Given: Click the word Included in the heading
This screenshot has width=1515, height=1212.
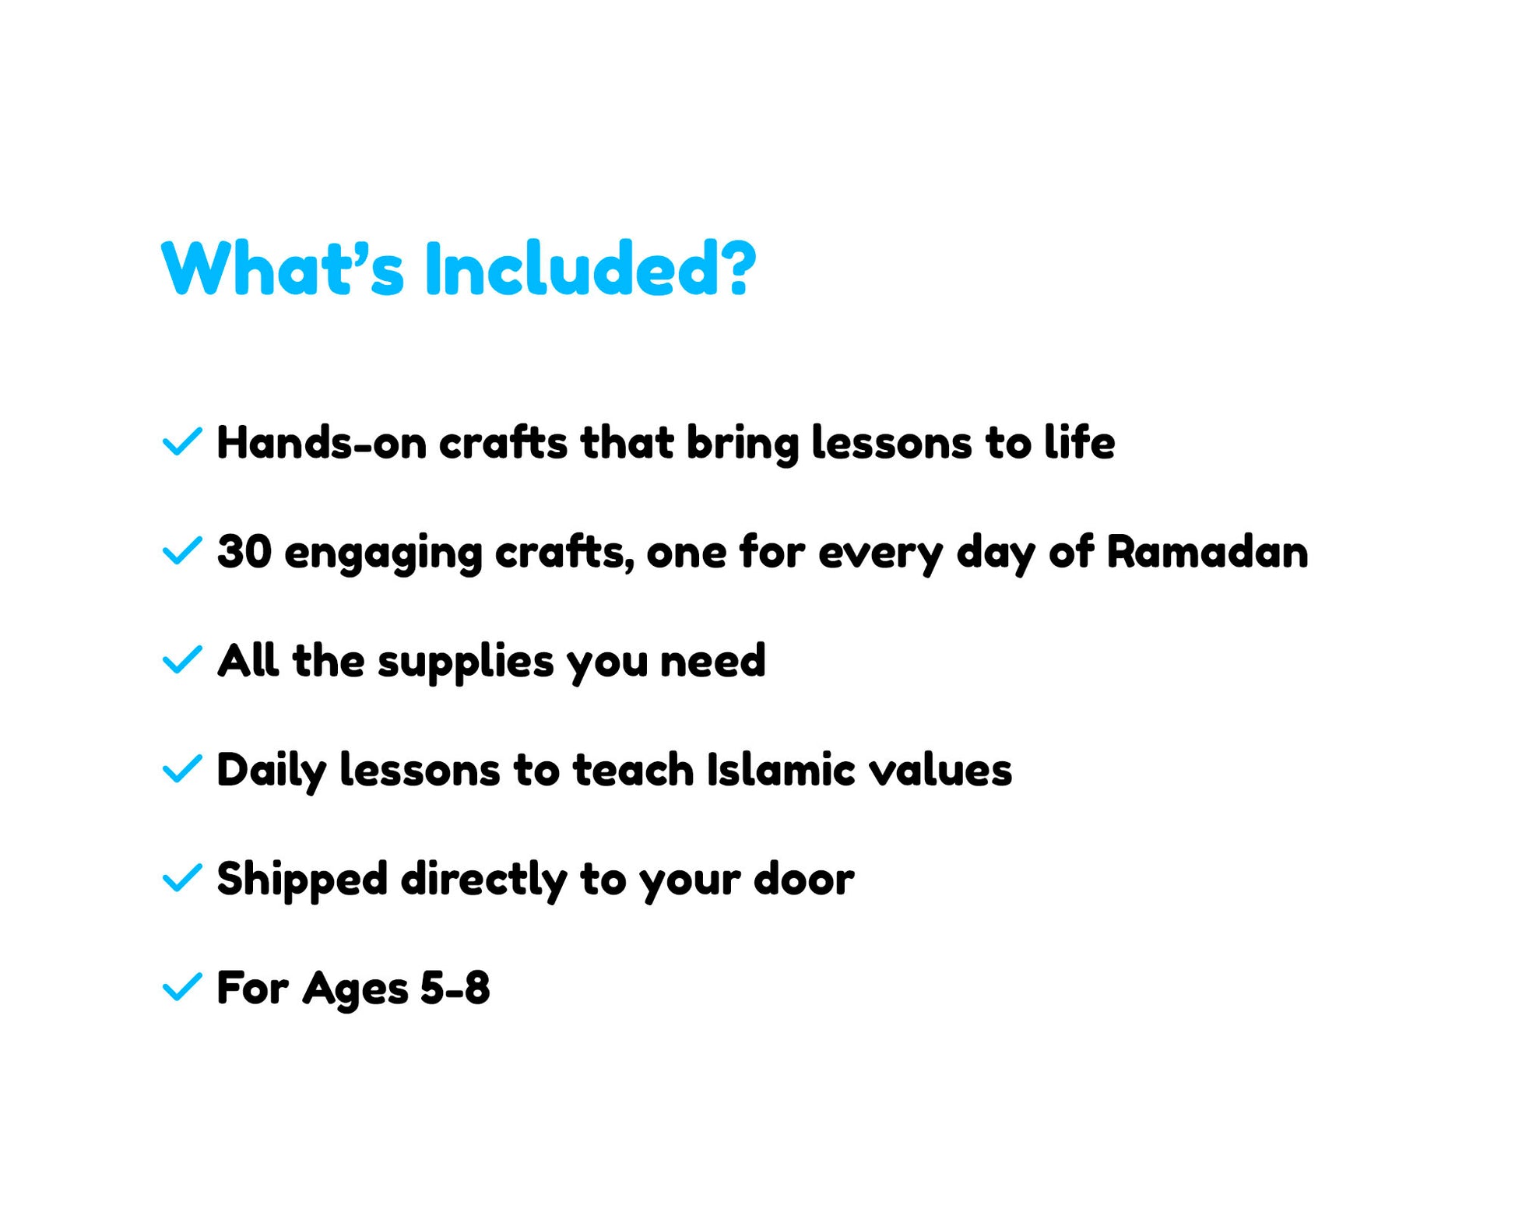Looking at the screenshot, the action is [590, 269].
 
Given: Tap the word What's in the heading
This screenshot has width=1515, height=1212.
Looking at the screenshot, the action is [283, 269].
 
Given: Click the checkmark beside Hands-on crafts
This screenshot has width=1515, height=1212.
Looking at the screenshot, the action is [182, 441].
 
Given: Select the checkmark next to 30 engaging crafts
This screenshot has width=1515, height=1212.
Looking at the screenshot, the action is [182, 550].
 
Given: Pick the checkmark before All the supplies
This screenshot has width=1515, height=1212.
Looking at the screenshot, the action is [182, 659].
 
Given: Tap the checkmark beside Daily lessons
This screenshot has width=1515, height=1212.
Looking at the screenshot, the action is [182, 768].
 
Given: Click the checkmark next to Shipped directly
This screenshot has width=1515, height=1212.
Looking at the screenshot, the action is [182, 877].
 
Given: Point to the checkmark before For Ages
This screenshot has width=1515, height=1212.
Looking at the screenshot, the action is [182, 986].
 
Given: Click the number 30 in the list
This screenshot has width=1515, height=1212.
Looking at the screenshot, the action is [244, 552].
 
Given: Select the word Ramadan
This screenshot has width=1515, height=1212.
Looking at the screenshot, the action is [1207, 552].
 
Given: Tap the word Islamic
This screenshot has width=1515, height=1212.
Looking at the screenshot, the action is [781, 770].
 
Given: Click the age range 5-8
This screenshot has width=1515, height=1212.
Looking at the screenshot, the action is [455, 988].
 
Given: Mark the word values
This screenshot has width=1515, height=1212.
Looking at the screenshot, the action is [940, 770].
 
